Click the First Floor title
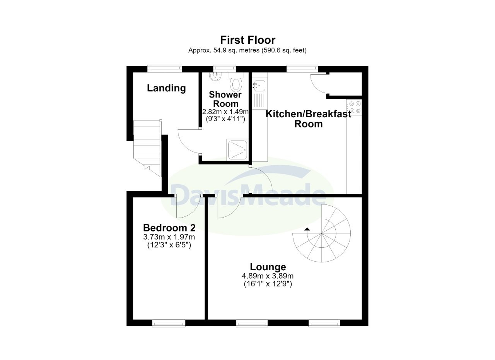(x=247, y=40)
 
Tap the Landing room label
(x=166, y=88)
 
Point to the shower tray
(x=237, y=150)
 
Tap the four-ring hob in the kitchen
(x=354, y=107)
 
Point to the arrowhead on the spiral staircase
(x=307, y=229)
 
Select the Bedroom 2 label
(x=169, y=228)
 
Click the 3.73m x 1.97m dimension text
(x=169, y=237)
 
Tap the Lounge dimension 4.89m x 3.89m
(x=268, y=276)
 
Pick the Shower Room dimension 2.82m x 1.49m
(x=225, y=111)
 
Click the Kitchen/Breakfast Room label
(x=308, y=119)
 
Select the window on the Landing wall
(x=165, y=69)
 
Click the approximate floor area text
(x=247, y=50)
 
